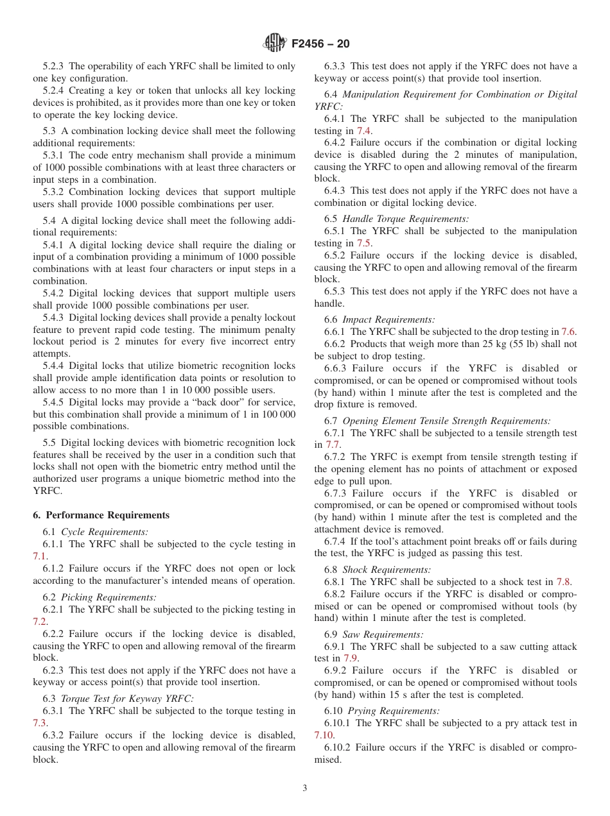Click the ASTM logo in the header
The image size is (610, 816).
click(x=275, y=44)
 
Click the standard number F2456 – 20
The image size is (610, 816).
click(x=320, y=44)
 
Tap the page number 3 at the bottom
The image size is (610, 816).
click(x=304, y=788)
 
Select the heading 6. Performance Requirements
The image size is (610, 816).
click(x=101, y=515)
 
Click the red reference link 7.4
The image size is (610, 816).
click(x=363, y=131)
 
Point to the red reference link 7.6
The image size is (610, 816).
click(x=568, y=332)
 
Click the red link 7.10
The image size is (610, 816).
click(x=324, y=735)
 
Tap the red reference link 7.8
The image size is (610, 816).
click(x=563, y=582)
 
